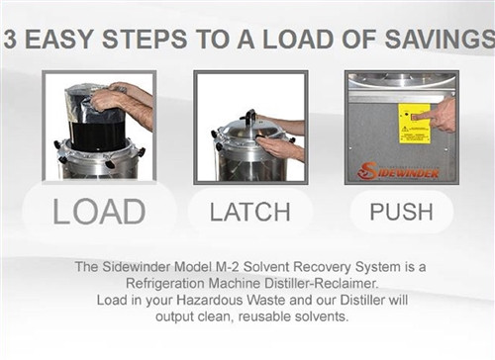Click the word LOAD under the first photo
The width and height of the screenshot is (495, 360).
[99, 212]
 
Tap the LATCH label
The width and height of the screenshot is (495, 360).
[250, 212]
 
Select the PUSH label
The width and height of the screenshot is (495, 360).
[401, 212]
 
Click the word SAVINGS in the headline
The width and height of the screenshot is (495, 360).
[440, 40]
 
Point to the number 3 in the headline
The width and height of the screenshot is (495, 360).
[10, 40]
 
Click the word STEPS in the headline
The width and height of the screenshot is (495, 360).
[145, 40]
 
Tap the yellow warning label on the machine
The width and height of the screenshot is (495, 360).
[414, 124]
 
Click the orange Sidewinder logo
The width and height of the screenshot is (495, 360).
[399, 171]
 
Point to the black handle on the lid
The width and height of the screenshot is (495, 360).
[249, 116]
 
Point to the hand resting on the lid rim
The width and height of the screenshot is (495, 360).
[280, 146]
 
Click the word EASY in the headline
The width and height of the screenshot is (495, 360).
[59, 40]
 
